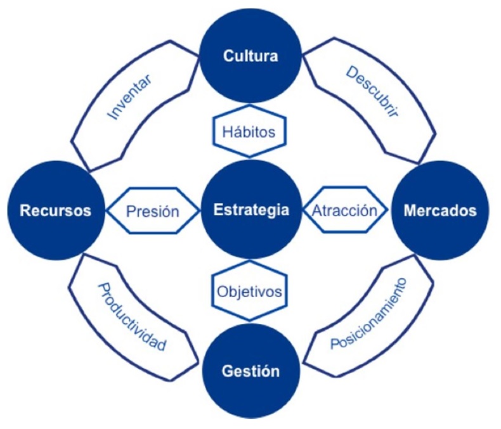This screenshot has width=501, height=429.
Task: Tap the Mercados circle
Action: (440, 208)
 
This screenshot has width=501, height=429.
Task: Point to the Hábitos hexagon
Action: (249, 132)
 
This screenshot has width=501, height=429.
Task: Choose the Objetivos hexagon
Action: (249, 293)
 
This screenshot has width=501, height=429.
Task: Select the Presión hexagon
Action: (152, 210)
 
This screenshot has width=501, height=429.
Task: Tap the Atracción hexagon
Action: (344, 210)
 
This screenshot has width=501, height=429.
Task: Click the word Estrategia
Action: (251, 210)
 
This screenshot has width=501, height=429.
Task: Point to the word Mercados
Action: (440, 210)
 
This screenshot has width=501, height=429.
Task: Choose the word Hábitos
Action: (249, 132)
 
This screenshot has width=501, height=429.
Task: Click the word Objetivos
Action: (249, 293)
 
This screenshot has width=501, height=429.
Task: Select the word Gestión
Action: (251, 371)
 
